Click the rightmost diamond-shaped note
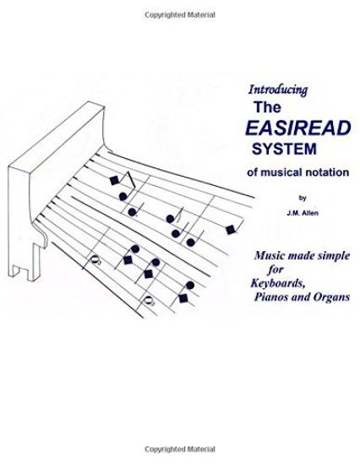229,227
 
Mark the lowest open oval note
149,299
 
